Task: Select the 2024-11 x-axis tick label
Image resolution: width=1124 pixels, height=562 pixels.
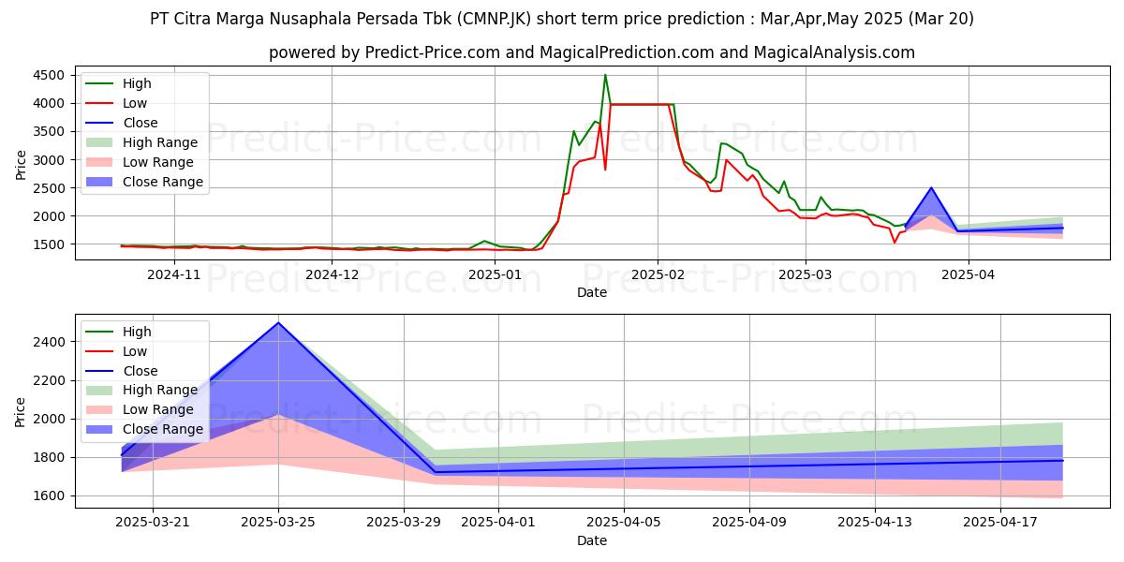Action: click(x=174, y=274)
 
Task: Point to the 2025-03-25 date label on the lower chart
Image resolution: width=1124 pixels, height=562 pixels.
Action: click(x=278, y=522)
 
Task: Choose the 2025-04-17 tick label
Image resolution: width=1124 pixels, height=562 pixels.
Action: click(x=1000, y=522)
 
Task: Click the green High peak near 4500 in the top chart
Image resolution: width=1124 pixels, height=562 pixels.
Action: click(x=605, y=75)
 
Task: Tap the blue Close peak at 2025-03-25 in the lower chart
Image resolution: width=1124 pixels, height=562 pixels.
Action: click(x=278, y=323)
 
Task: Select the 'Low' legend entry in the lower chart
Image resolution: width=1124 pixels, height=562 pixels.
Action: click(x=135, y=351)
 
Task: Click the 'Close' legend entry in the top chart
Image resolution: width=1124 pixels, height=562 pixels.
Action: click(x=140, y=123)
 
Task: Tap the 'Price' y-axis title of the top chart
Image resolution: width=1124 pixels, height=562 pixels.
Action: click(x=21, y=163)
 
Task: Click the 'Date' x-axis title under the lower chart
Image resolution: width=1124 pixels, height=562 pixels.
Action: click(x=591, y=540)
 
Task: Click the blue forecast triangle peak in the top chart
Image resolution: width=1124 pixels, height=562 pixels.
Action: click(x=931, y=187)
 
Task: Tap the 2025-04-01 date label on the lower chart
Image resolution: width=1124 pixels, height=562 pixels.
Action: click(x=466, y=522)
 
